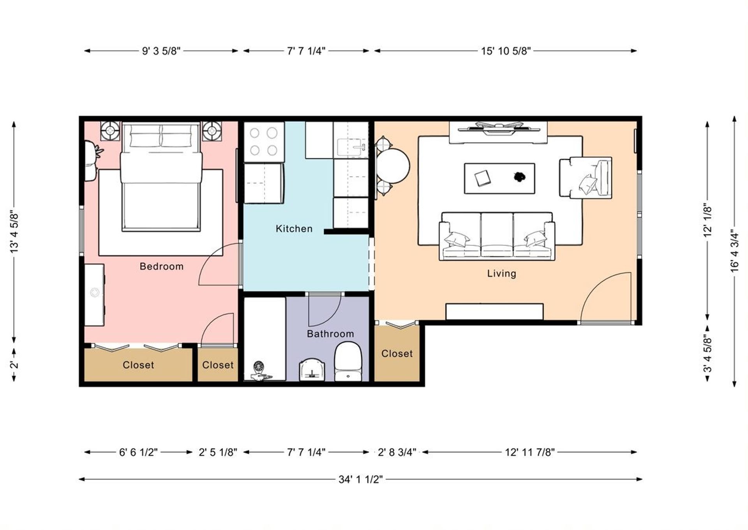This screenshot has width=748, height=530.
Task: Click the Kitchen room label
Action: click(x=294, y=229)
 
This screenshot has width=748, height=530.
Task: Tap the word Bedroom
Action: click(x=162, y=266)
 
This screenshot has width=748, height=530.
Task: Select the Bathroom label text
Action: click(x=330, y=334)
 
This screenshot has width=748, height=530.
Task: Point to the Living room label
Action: click(x=502, y=273)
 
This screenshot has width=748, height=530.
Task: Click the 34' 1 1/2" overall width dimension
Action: click(x=361, y=479)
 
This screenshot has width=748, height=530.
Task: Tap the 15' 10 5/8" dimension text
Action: click(x=506, y=51)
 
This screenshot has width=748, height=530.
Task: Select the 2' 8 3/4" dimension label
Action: click(x=397, y=452)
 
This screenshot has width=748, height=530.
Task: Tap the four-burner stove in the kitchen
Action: click(x=264, y=142)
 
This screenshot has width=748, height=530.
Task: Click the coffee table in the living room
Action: click(x=499, y=178)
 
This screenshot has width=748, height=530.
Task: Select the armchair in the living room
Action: click(x=586, y=177)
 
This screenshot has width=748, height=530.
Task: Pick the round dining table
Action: click(x=393, y=166)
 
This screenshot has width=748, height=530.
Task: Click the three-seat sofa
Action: click(x=497, y=236)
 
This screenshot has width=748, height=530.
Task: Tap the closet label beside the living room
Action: click(x=397, y=354)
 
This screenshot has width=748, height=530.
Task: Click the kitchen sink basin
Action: click(x=351, y=148)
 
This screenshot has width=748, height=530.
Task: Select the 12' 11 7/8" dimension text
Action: click(x=530, y=452)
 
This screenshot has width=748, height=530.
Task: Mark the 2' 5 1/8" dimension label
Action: click(x=218, y=452)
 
